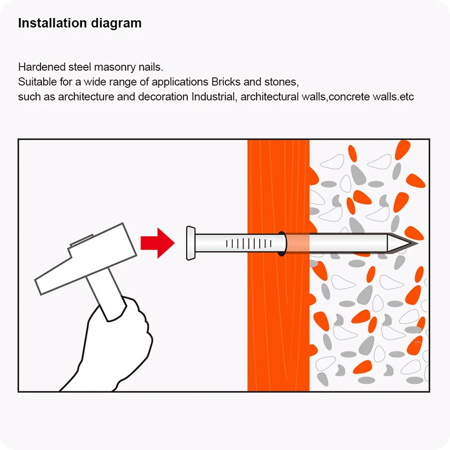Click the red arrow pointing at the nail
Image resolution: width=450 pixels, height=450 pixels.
point(157,243)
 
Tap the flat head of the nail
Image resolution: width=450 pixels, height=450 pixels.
point(191,243)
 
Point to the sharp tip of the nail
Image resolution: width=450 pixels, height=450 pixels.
point(417,244)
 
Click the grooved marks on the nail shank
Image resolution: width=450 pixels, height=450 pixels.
point(249,244)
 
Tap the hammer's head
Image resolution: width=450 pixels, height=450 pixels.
point(85,258)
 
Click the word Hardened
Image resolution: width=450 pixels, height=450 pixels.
point(42,67)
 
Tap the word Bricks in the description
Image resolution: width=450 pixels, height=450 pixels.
point(226,82)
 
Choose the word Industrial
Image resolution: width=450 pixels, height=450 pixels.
point(214,97)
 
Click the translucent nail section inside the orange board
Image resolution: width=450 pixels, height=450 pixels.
point(298,244)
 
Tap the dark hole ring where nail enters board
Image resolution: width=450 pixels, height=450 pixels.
point(282,244)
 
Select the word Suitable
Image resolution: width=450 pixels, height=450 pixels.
point(37,82)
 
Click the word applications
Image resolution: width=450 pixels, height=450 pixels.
point(180,82)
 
